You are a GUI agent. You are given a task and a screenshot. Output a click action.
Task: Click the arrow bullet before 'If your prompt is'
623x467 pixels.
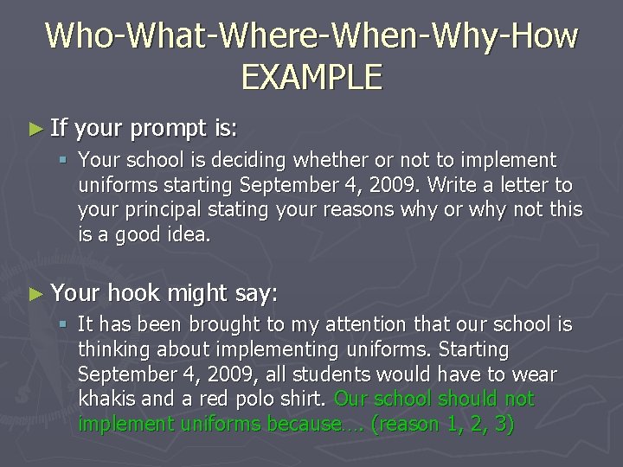(x=35, y=130)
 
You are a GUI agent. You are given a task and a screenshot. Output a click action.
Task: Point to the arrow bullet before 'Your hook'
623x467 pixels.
(x=35, y=294)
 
